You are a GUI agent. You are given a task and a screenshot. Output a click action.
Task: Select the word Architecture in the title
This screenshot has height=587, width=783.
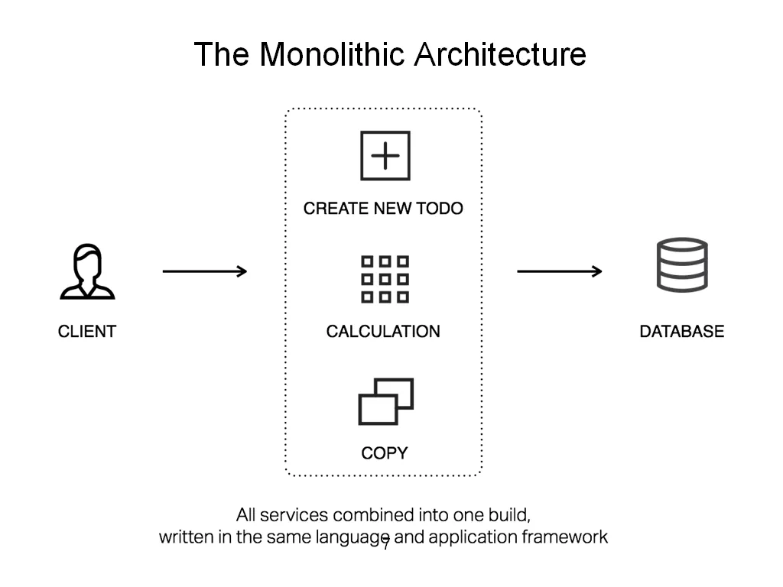pyautogui.click(x=500, y=54)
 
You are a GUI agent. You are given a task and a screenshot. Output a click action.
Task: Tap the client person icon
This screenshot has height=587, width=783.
pyautogui.click(x=87, y=271)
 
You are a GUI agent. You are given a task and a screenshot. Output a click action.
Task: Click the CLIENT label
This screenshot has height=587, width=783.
pyautogui.click(x=87, y=331)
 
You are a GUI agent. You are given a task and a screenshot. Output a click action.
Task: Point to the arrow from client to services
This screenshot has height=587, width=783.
pyautogui.click(x=205, y=271)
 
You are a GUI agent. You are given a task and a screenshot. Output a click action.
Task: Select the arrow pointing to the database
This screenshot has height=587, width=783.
pyautogui.click(x=559, y=271)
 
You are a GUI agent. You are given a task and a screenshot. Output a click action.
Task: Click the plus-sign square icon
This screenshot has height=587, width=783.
pyautogui.click(x=385, y=155)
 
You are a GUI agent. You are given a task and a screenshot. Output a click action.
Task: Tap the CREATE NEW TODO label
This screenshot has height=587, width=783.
pyautogui.click(x=383, y=208)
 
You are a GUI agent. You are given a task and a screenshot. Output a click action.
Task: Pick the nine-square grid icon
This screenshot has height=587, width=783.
pyautogui.click(x=385, y=279)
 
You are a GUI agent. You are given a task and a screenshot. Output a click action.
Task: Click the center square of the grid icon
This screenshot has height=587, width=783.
pyautogui.click(x=385, y=279)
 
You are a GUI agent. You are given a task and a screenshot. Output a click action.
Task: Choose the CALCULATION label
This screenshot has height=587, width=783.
pyautogui.click(x=383, y=331)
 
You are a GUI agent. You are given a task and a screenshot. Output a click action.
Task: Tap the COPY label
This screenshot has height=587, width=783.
pyautogui.click(x=385, y=452)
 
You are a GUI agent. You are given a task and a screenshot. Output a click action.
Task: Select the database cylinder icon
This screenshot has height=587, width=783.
pyautogui.click(x=682, y=264)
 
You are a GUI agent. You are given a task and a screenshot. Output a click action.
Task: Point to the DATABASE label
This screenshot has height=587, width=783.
pyautogui.click(x=681, y=331)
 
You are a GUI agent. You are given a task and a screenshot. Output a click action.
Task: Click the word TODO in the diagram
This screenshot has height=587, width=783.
pyautogui.click(x=440, y=208)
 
